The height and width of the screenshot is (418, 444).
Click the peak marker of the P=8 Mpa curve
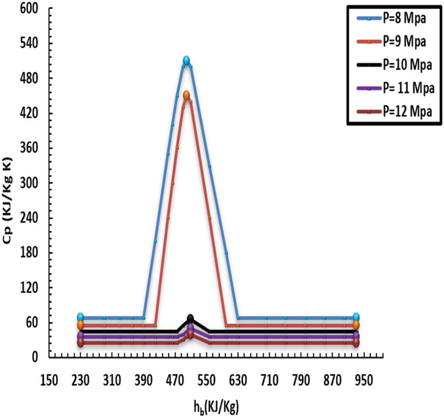coord(186,60)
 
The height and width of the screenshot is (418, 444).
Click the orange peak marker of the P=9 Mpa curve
coord(186,95)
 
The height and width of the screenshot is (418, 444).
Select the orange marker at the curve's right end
coord(356,325)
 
